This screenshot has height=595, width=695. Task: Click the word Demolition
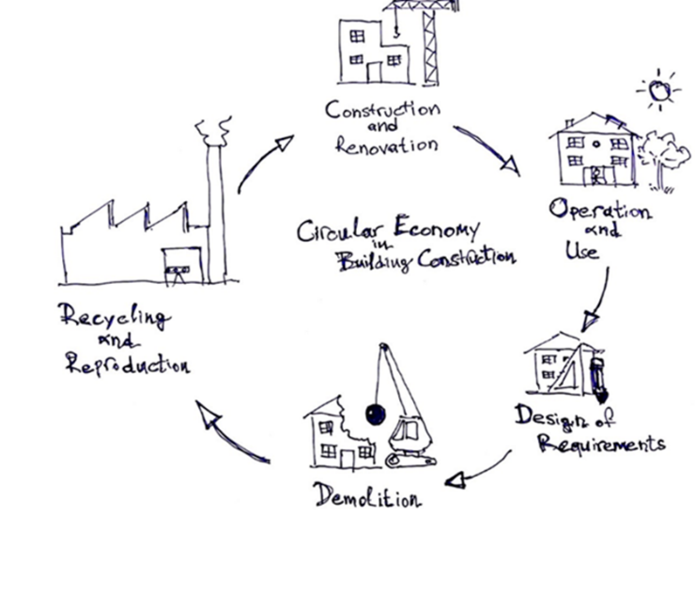367,494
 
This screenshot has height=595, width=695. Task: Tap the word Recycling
114,317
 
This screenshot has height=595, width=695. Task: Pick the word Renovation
386,146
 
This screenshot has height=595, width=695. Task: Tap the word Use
581,250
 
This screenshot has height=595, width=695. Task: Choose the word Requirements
602,442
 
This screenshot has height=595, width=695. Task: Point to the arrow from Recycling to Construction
263,162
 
